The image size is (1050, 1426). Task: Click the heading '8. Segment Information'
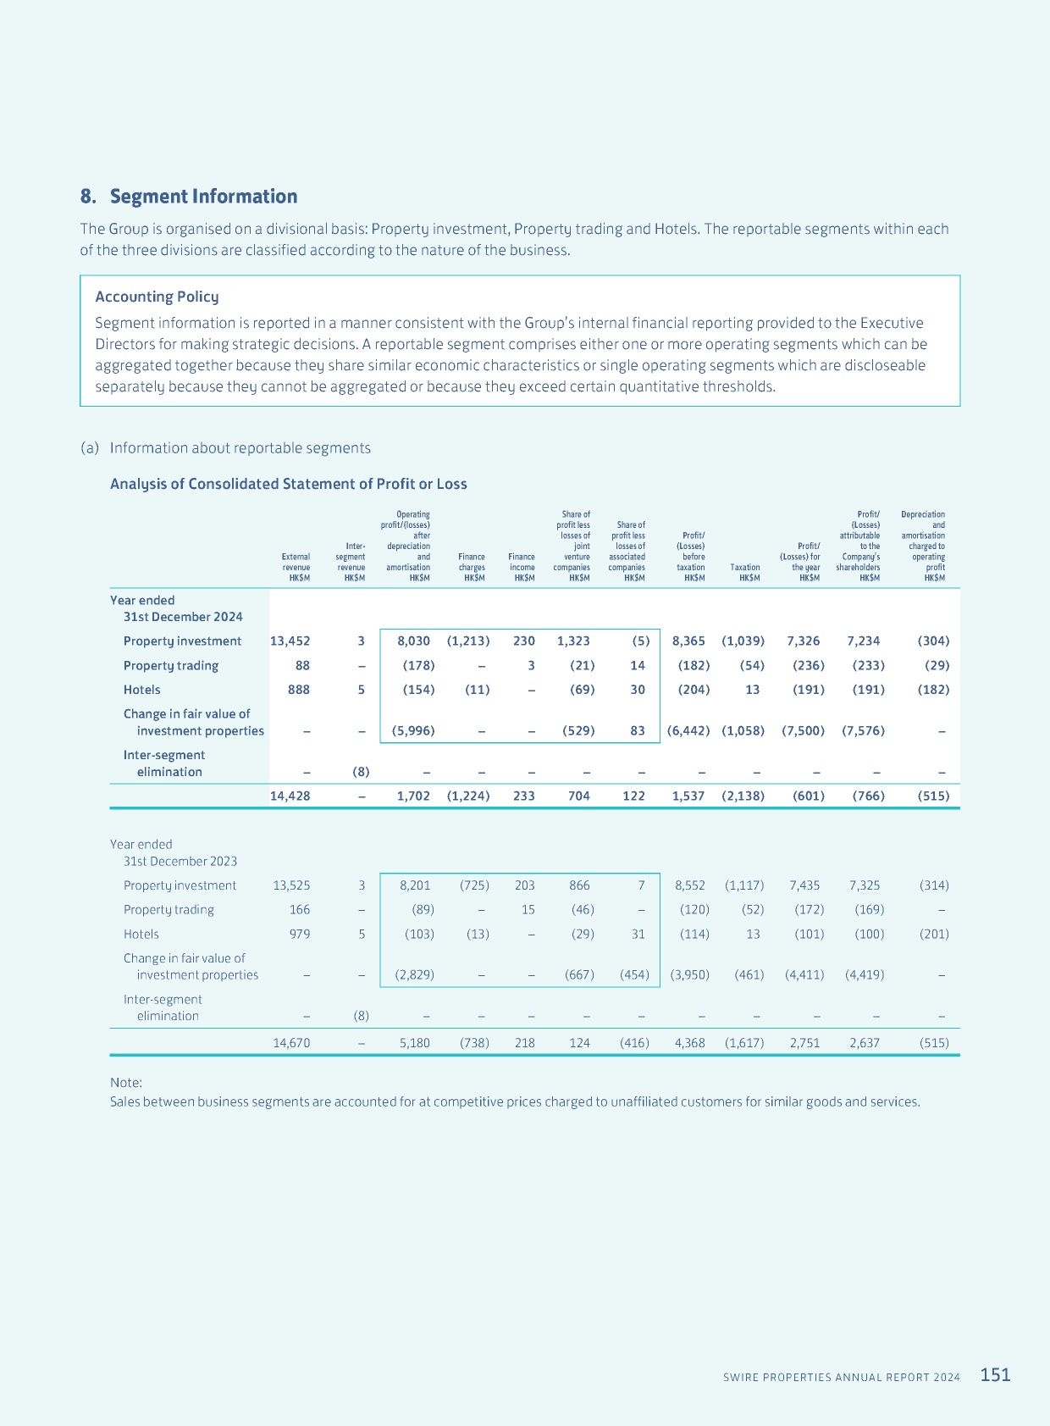[x=188, y=196]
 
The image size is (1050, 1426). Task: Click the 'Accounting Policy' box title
[x=157, y=297]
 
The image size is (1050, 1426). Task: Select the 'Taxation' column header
[x=744, y=572]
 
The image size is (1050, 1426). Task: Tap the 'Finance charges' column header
[x=472, y=567]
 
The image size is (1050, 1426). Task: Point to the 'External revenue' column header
[x=296, y=567]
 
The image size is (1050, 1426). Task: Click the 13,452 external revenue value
[x=290, y=641]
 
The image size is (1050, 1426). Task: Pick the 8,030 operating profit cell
[x=413, y=641]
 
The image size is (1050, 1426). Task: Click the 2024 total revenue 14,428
[x=290, y=796]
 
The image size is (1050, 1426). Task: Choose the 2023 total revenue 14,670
[x=291, y=1043]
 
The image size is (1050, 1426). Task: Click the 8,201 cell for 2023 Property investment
[x=415, y=885]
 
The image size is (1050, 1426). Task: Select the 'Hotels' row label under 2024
[x=142, y=690]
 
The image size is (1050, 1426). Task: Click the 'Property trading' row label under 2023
[x=169, y=910]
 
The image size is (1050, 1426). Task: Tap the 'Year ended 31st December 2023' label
[x=173, y=852]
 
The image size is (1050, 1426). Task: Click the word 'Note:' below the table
[x=126, y=1082]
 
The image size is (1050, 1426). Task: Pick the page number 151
[x=995, y=1375]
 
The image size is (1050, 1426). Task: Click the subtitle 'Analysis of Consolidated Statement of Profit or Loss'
[x=288, y=484]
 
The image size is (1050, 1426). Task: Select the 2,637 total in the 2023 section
[x=865, y=1043]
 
